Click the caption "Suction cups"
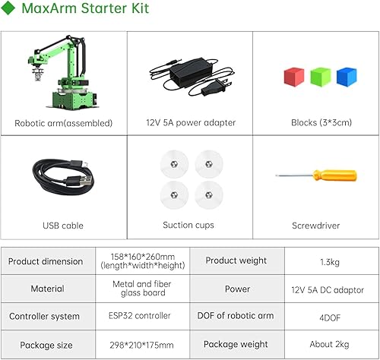pos(188,226)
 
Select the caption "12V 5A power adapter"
pos(190,123)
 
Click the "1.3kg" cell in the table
pos(332,261)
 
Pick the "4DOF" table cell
pos(332,316)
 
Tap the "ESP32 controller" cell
pos(141,316)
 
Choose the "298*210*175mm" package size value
pos(141,344)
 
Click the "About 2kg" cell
pos(332,344)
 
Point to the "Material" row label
pos(47,289)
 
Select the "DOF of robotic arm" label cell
pos(236,316)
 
